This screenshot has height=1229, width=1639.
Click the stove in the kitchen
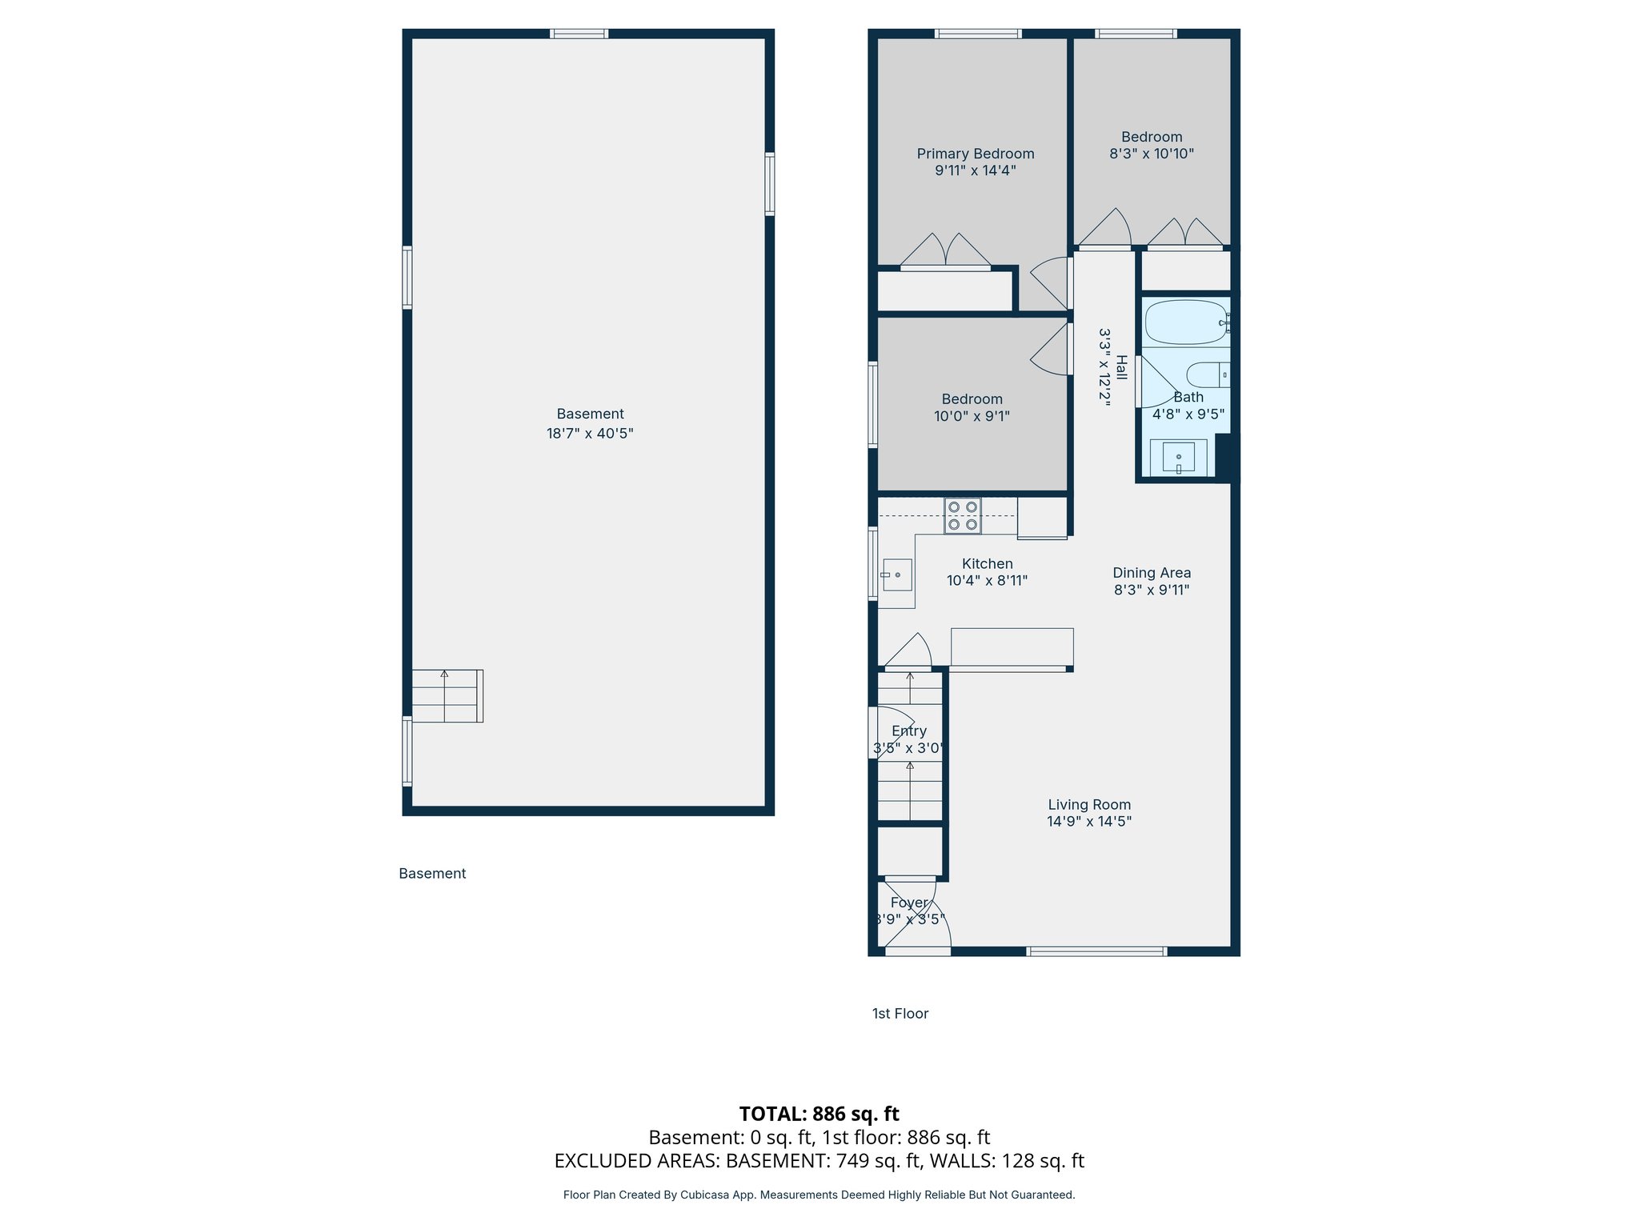[962, 516]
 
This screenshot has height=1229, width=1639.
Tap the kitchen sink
[897, 574]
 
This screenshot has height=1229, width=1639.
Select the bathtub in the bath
[1185, 322]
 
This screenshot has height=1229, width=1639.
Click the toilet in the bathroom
[1207, 374]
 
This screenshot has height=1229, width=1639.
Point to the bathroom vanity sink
[1178, 457]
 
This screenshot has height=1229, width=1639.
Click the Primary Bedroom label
[975, 154]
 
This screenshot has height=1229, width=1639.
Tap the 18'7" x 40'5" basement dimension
[590, 434]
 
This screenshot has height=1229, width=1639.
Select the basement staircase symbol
[447, 696]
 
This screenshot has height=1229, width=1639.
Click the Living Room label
[1089, 805]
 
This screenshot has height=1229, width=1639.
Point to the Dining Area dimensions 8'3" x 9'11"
[1152, 590]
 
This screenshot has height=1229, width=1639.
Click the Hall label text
[1122, 368]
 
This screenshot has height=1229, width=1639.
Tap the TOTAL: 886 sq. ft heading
[819, 1114]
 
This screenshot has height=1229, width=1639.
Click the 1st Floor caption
[900, 1014]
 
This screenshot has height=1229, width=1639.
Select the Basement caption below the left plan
[432, 874]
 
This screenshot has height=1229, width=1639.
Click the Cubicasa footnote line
[819, 1195]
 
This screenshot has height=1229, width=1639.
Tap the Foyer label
[909, 903]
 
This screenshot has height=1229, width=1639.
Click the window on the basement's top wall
[579, 34]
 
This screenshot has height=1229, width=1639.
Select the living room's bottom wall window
[1096, 951]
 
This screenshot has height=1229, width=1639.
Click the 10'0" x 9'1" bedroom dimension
[972, 417]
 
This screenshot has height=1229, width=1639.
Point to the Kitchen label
[987, 564]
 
